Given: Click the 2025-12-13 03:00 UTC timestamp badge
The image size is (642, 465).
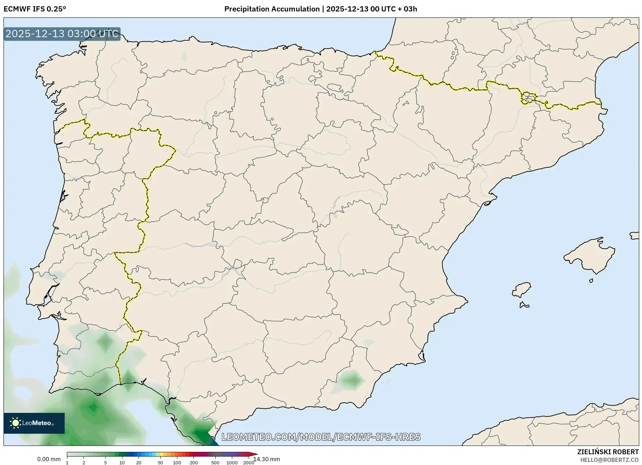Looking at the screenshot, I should (x=62, y=34).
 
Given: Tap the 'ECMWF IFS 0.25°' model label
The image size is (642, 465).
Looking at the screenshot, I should (x=34, y=9).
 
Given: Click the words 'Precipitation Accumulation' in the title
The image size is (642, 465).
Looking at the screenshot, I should (x=272, y=9).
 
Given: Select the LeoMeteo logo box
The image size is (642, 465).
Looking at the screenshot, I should (x=34, y=423).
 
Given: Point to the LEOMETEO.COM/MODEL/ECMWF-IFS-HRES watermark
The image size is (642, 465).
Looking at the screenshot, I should (x=321, y=437).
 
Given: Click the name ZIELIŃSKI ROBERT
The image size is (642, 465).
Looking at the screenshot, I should (x=608, y=452).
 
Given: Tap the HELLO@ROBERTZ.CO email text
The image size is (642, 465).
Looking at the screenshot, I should (x=609, y=460).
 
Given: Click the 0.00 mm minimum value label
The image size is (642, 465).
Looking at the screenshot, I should (x=49, y=459).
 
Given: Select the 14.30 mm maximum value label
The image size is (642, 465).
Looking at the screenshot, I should (x=267, y=459).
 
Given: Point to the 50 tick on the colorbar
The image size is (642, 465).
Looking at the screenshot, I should (x=160, y=463).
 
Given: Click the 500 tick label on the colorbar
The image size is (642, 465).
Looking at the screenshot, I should (x=215, y=463).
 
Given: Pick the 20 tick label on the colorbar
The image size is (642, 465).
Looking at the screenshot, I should (x=138, y=463).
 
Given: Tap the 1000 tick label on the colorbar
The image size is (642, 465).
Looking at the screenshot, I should (x=232, y=463).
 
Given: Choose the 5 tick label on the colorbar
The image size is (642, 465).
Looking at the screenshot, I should (x=105, y=463).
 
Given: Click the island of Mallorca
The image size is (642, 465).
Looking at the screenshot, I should (x=590, y=257).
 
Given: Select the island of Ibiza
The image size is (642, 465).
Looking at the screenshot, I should (x=522, y=289).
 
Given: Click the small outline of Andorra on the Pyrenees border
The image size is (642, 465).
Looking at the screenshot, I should (x=528, y=98).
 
